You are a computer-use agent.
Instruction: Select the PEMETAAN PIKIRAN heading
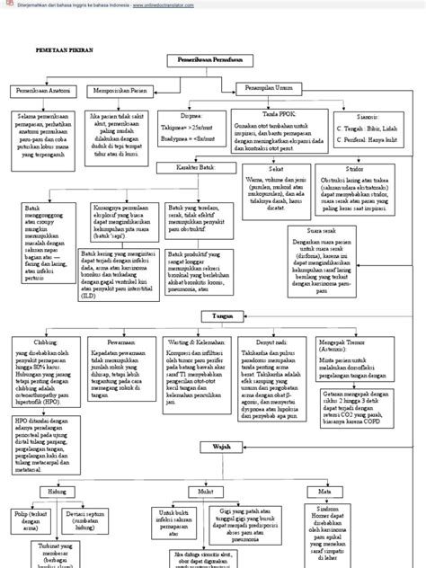pos(64,53)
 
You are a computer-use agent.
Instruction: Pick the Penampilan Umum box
pos(271,87)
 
